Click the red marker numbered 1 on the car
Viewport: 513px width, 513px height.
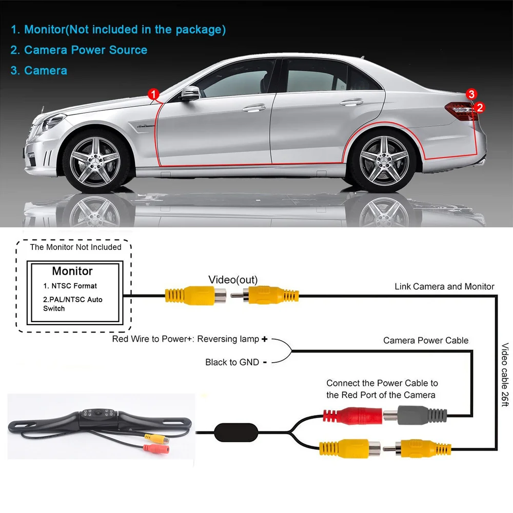click(153, 94)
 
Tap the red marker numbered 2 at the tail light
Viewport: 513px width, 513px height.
click(480, 107)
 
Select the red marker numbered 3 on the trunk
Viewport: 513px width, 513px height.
click(472, 93)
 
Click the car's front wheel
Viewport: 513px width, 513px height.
click(93, 156)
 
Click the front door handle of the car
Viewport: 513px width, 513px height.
click(252, 109)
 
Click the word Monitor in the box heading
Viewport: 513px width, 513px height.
click(72, 271)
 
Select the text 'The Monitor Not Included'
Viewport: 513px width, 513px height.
click(75, 247)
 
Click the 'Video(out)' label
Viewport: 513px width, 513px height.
click(233, 280)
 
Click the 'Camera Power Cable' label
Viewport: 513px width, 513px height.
click(426, 340)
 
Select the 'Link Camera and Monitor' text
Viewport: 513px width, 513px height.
click(444, 286)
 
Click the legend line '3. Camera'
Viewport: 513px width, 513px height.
click(39, 70)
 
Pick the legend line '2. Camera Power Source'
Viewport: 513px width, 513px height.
click(79, 50)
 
